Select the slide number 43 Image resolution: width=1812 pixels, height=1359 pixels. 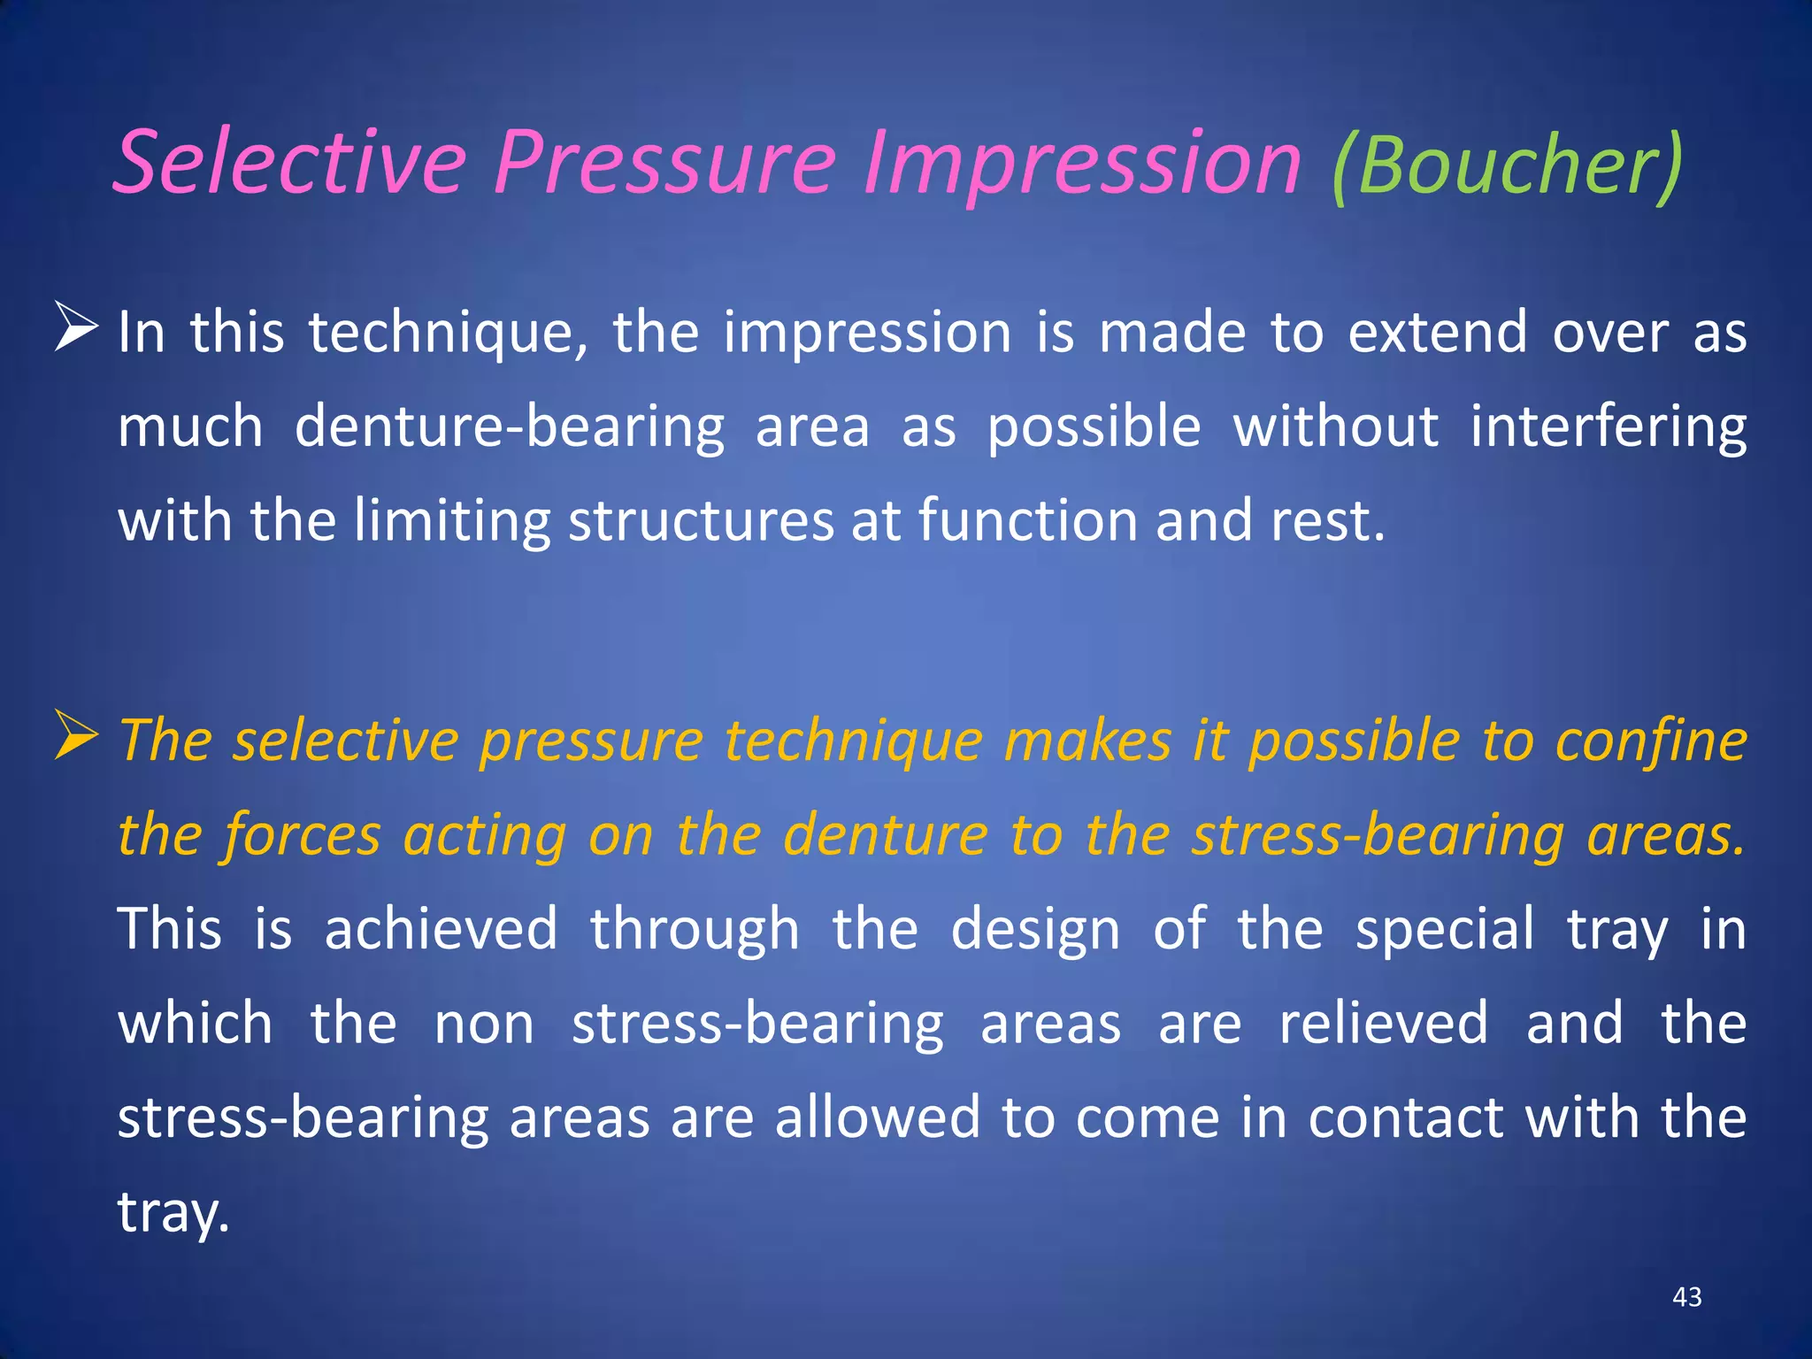click(1687, 1297)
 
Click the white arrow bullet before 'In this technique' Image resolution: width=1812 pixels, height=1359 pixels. click(76, 326)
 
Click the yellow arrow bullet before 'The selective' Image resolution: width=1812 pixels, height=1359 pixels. click(76, 735)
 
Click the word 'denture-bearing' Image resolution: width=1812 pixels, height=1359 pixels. click(509, 428)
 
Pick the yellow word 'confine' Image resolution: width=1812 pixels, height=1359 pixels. click(1651, 741)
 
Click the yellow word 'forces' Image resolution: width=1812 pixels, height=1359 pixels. click(302, 836)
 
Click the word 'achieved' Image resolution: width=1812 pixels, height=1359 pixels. click(441, 930)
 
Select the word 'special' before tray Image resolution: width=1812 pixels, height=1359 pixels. click(1445, 930)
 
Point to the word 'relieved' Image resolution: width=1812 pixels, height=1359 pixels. click(1384, 1024)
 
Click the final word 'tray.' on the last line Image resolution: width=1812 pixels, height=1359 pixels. click(173, 1213)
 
